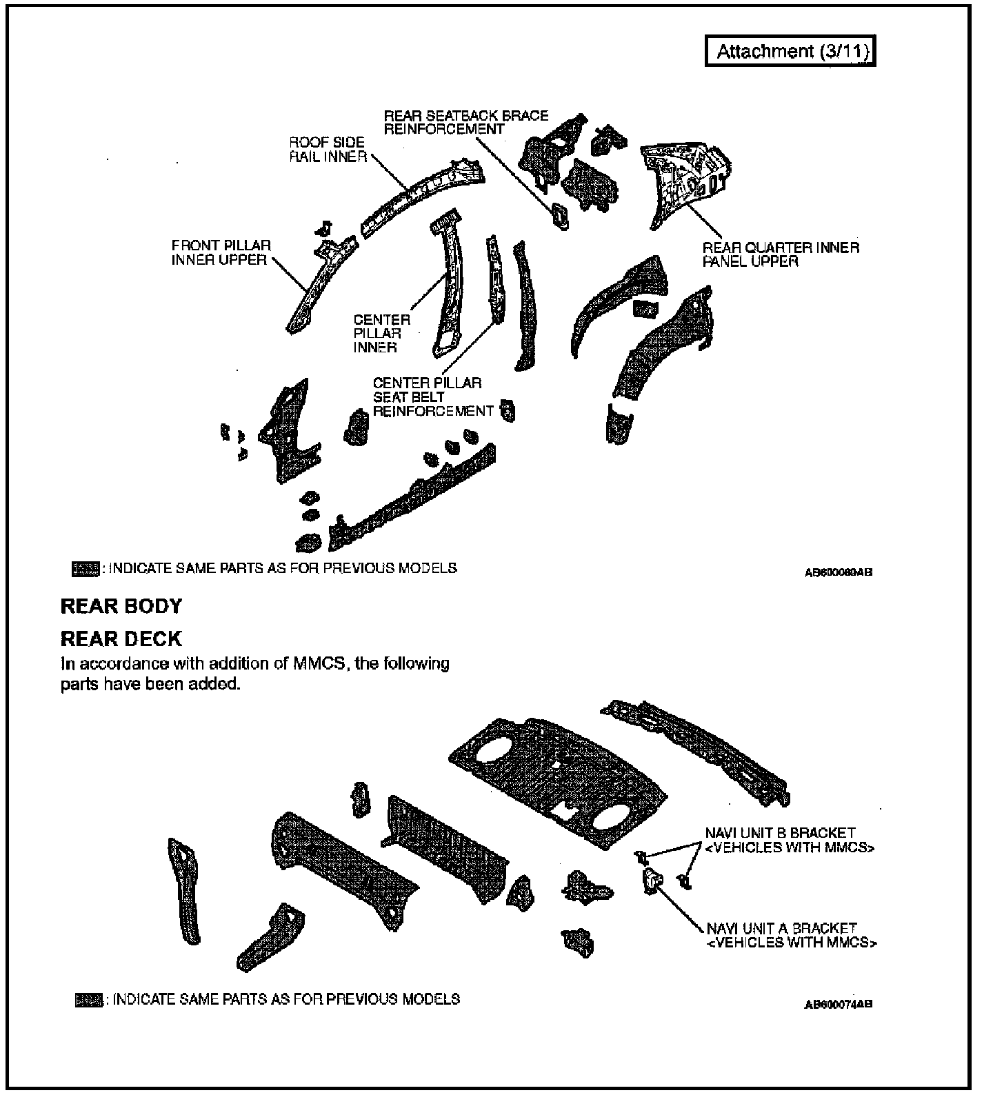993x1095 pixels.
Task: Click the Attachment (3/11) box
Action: pos(790,52)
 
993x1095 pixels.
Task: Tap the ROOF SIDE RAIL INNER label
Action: pos(328,150)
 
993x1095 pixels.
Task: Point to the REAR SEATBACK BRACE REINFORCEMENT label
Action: pos(465,122)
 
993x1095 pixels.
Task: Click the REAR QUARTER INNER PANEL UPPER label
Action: pos(781,254)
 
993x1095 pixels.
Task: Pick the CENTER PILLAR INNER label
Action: pos(381,334)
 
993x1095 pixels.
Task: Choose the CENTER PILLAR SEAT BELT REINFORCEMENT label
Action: pos(433,397)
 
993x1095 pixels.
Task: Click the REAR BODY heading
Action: pos(121,606)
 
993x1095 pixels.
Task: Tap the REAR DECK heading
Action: pos(121,639)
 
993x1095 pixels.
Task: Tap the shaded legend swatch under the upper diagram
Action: pos(86,569)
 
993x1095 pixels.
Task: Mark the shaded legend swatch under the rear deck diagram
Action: pos(88,1000)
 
